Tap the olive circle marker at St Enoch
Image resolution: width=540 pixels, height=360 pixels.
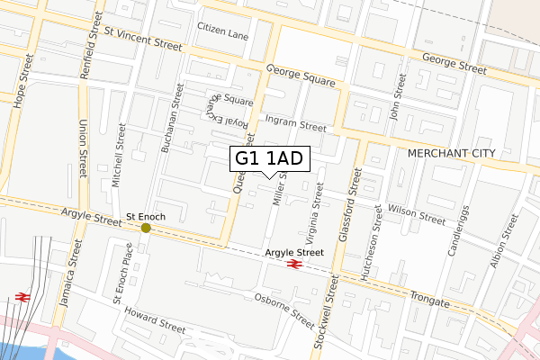[x=146, y=228]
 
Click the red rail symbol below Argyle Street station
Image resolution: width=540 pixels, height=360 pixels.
[x=293, y=264]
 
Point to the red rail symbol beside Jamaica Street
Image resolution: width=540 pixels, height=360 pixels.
[x=22, y=297]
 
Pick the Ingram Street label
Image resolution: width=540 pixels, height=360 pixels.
[x=296, y=122]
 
